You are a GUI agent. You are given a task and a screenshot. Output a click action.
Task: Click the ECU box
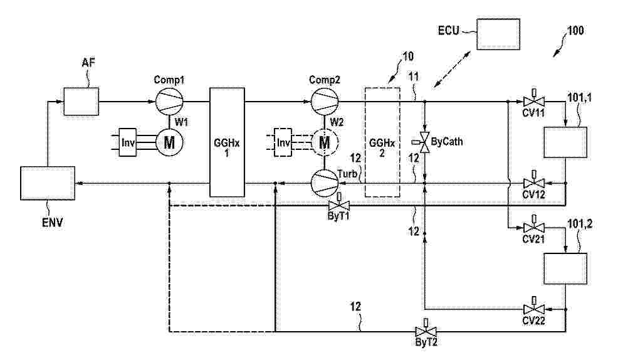pyautogui.click(x=498, y=34)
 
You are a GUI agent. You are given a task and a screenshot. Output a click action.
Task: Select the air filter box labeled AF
pyautogui.click(x=81, y=102)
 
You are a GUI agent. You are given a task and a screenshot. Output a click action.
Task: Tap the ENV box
pyautogui.click(x=48, y=183)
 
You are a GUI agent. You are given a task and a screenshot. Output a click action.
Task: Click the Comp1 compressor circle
pyautogui.click(x=169, y=101)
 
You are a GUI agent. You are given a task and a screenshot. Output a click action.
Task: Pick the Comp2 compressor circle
pyautogui.click(x=325, y=101)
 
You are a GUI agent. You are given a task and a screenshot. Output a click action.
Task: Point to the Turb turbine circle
pyautogui.click(x=325, y=183)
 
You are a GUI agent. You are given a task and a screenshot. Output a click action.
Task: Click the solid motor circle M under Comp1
pyautogui.click(x=169, y=142)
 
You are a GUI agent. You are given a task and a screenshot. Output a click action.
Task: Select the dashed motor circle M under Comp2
pyautogui.click(x=325, y=142)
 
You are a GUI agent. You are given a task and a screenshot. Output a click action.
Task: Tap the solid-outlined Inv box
pyautogui.click(x=127, y=142)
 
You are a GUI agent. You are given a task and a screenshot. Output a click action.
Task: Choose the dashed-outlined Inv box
pyautogui.click(x=283, y=142)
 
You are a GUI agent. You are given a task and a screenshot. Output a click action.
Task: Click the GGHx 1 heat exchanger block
pyautogui.click(x=227, y=142)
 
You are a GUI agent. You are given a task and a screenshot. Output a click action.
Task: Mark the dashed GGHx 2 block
pyautogui.click(x=382, y=142)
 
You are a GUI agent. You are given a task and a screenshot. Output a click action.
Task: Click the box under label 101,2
pyautogui.click(x=565, y=268)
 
